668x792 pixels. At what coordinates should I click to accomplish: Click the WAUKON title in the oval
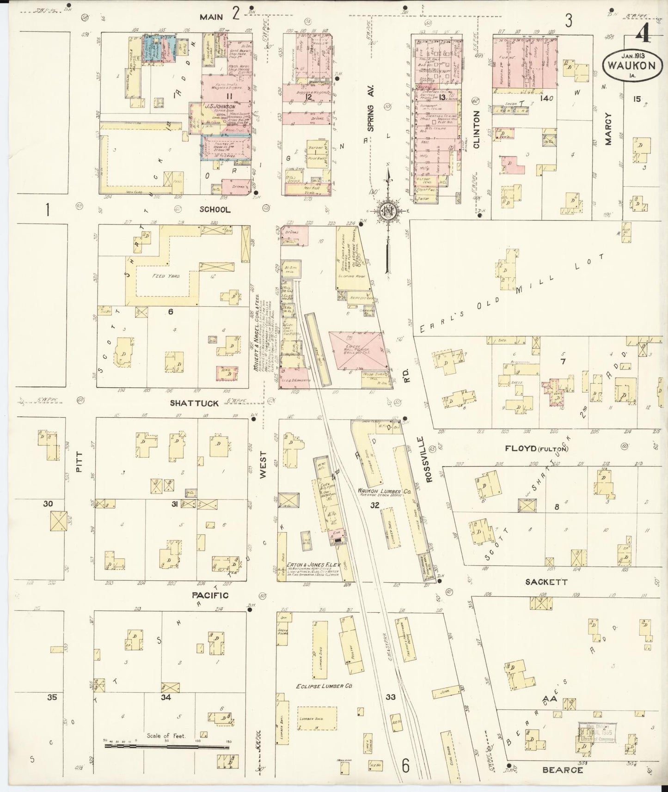point(631,65)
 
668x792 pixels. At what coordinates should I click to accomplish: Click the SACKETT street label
point(545,582)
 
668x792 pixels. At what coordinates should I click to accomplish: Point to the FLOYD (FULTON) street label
point(536,448)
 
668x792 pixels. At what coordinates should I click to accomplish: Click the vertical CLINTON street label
point(477,129)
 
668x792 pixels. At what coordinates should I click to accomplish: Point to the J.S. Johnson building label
point(220,106)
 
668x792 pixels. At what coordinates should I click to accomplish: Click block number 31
point(174,504)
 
